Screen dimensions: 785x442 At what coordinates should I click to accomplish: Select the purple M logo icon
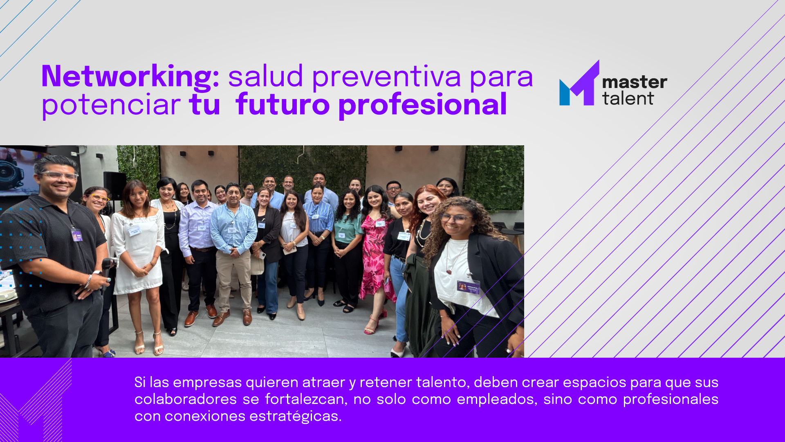579,83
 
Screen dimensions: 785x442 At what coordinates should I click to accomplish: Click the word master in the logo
635,82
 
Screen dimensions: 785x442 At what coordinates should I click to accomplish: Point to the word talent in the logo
628,99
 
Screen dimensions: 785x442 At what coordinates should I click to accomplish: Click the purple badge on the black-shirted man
77,235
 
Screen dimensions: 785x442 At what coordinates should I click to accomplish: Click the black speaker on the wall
114,186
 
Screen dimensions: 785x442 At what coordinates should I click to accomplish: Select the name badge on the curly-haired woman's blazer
468,286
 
